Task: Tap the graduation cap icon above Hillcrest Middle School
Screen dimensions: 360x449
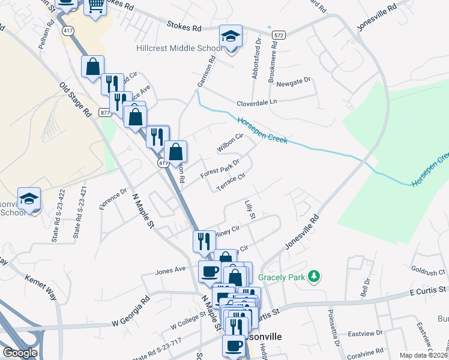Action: (230, 37)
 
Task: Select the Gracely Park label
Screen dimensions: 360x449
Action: (282, 277)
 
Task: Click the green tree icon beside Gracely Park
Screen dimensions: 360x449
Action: (313, 277)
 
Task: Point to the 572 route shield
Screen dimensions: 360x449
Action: (277, 36)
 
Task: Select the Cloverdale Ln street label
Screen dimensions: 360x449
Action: (256, 102)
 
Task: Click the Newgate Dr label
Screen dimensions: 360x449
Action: (294, 80)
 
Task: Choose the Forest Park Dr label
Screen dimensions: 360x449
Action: (220, 166)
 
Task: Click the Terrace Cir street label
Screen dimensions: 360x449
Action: (231, 182)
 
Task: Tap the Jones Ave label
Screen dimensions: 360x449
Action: (170, 271)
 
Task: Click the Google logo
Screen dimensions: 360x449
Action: (20, 353)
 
